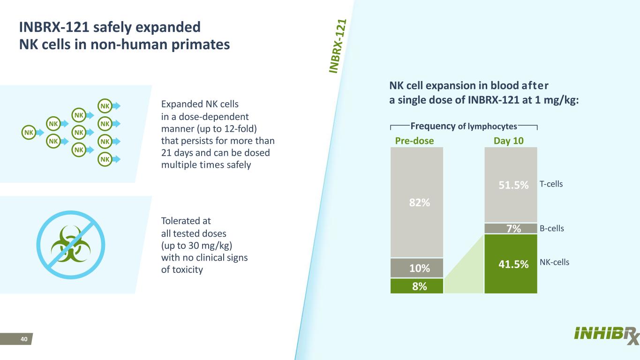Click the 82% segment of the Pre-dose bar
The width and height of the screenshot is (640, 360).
(417, 202)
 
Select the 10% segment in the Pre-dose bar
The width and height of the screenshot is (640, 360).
(417, 268)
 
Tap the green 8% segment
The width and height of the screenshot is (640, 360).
(417, 286)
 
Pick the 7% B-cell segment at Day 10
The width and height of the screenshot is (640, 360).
(510, 228)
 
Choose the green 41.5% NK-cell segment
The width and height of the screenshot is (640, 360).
(510, 263)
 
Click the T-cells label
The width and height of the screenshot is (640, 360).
(551, 184)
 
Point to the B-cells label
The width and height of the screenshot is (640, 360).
(551, 229)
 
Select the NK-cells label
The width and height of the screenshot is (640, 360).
(554, 262)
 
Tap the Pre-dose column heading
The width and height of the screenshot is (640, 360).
(412, 141)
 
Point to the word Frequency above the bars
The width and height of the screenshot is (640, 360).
(433, 126)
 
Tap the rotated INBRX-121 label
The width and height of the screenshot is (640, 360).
(338, 46)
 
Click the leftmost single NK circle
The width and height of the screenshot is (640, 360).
(29, 133)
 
